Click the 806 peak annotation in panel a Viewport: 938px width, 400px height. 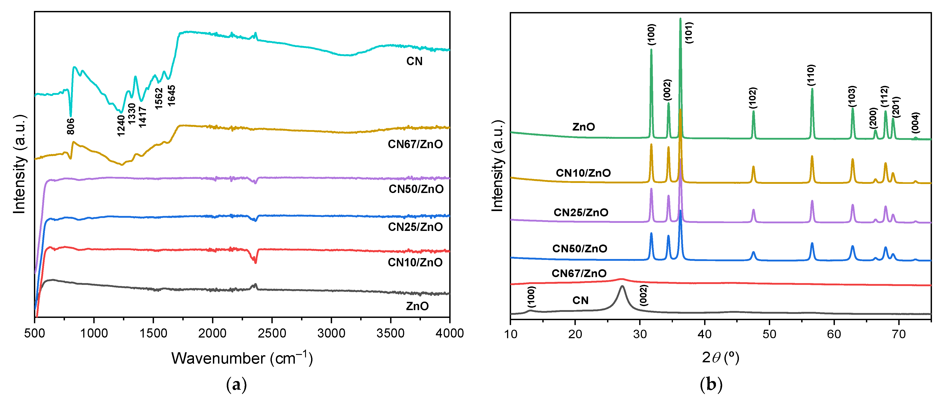coord(71,126)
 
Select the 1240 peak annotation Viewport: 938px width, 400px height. coord(121,126)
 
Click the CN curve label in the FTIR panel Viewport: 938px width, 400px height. coord(414,61)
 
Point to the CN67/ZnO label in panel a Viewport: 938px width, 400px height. coord(415,144)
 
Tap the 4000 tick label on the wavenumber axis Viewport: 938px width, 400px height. coord(449,333)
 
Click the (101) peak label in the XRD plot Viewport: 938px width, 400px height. coord(689,33)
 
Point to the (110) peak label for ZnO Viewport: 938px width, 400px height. coord(811,75)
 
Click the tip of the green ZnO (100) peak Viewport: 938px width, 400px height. coord(651,50)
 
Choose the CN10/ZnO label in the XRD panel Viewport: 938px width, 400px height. coord(583,173)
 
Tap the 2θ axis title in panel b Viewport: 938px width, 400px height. coord(720,358)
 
